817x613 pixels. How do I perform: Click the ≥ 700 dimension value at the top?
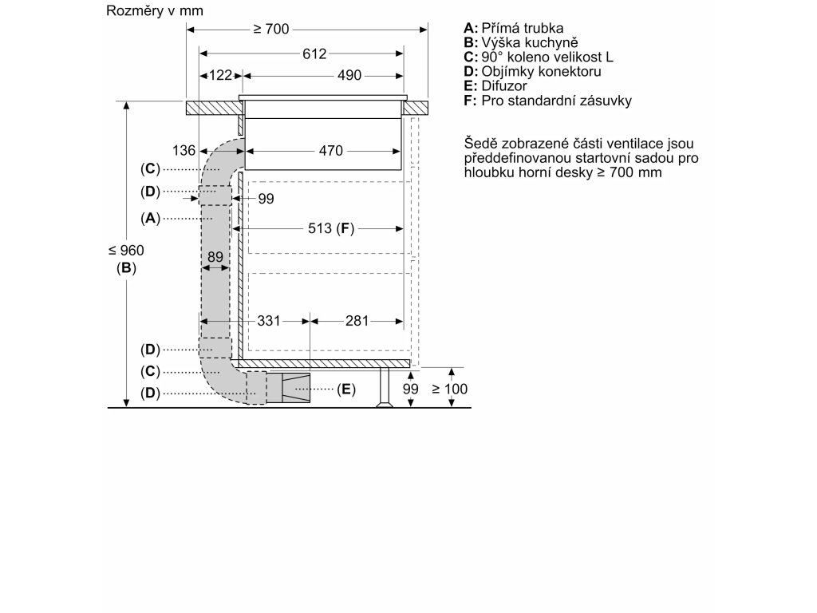pyautogui.click(x=271, y=29)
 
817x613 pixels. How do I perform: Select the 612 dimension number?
pyautogui.click(x=314, y=53)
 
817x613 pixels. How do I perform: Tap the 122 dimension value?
pyautogui.click(x=220, y=75)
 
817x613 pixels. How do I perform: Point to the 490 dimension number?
pyautogui.click(x=349, y=75)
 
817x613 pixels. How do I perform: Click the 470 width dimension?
pyautogui.click(x=331, y=151)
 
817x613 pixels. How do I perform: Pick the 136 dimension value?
pyautogui.click(x=184, y=151)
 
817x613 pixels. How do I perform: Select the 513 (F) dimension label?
pyautogui.click(x=331, y=228)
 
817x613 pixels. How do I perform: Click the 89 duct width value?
pyautogui.click(x=215, y=257)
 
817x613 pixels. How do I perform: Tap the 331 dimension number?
pyautogui.click(x=269, y=321)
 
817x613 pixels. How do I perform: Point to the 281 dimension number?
pyautogui.click(x=357, y=321)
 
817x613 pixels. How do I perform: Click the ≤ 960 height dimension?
pyautogui.click(x=126, y=250)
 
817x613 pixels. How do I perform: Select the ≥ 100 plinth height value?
pyautogui.click(x=450, y=389)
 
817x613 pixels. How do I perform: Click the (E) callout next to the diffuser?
pyautogui.click(x=346, y=389)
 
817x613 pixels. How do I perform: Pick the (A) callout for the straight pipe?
pyautogui.click(x=150, y=218)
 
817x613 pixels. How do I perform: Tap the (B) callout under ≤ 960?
pyautogui.click(x=126, y=268)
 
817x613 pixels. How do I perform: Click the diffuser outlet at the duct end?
pyautogui.click(x=296, y=388)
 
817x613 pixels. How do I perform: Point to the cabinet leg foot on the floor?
pyautogui.click(x=385, y=403)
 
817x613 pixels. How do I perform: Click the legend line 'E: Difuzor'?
pyautogui.click(x=495, y=86)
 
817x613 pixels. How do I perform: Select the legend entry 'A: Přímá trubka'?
pyautogui.click(x=514, y=28)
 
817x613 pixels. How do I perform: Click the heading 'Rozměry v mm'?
pyautogui.click(x=155, y=10)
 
